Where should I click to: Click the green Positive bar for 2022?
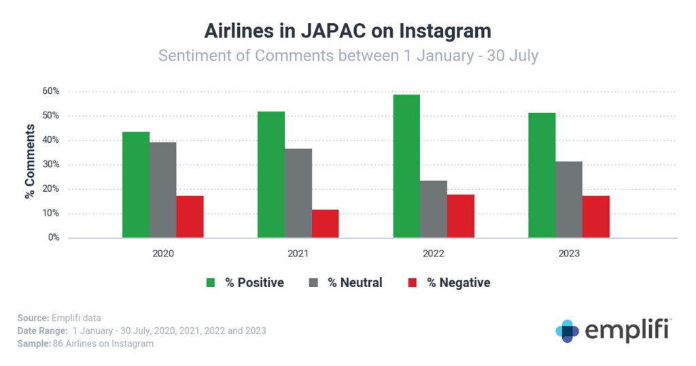click(x=406, y=166)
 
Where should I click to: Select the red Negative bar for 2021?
click(x=325, y=224)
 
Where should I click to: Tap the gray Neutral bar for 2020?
click(x=163, y=190)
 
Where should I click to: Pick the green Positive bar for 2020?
click(x=136, y=184)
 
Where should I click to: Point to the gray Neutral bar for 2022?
click(x=434, y=209)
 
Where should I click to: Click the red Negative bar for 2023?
click(x=595, y=216)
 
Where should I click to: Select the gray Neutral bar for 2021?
click(x=298, y=193)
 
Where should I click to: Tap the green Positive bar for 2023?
click(x=542, y=175)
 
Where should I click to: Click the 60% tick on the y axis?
click(x=51, y=91)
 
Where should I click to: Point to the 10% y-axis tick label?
click(x=51, y=214)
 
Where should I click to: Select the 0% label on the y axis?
click(x=54, y=238)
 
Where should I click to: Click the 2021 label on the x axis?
click(x=298, y=254)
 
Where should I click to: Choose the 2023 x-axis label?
click(x=569, y=254)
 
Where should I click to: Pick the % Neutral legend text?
click(x=355, y=282)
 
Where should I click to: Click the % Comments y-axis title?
click(x=30, y=161)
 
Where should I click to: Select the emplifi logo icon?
click(x=568, y=331)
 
